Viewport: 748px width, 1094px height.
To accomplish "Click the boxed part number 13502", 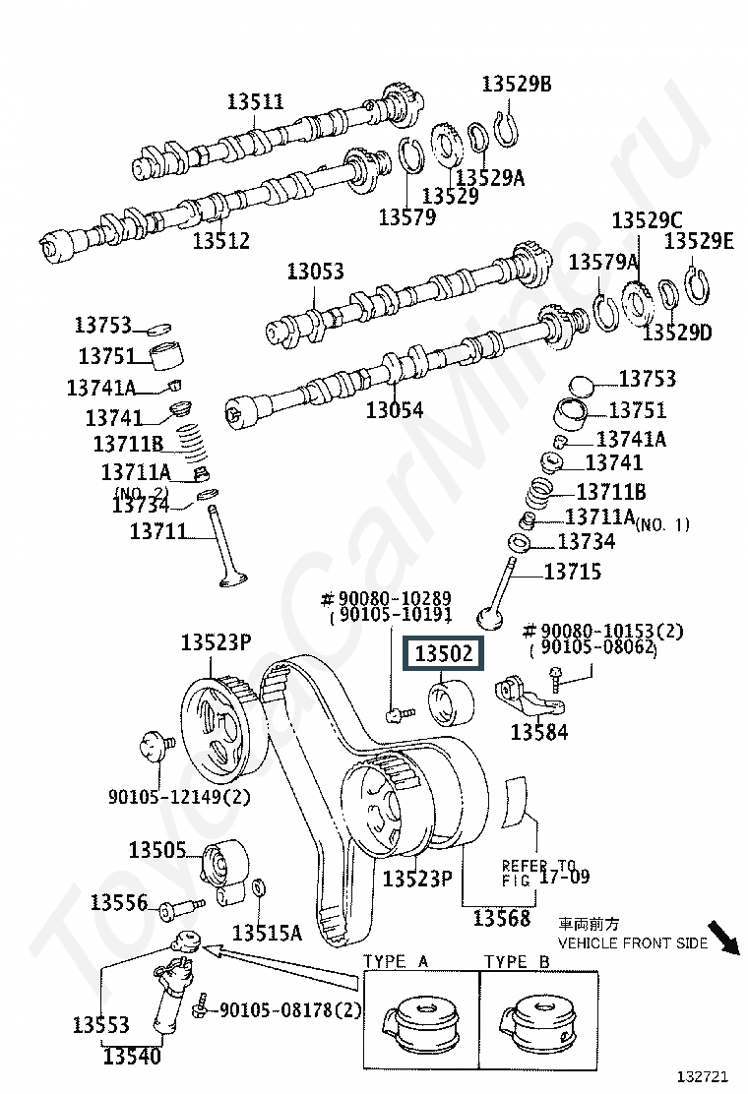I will [x=443, y=654].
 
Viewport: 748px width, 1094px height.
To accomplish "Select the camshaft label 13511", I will [x=255, y=101].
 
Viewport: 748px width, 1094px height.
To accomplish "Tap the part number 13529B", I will [x=516, y=85].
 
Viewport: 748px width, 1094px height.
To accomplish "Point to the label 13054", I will [x=395, y=409].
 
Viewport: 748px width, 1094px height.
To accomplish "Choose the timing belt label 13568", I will [x=501, y=918].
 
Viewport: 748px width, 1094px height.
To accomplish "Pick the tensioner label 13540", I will [x=133, y=1057].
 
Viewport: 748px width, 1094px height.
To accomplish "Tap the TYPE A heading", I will [x=396, y=961].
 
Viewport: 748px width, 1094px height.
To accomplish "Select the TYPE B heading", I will [x=517, y=961].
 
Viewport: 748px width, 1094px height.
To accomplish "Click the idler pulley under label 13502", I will [x=451, y=702].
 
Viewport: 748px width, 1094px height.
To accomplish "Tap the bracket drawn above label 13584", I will [x=533, y=696].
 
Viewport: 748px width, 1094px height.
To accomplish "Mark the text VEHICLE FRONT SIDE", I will [x=633, y=942].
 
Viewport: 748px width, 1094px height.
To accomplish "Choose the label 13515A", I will [x=267, y=932].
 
